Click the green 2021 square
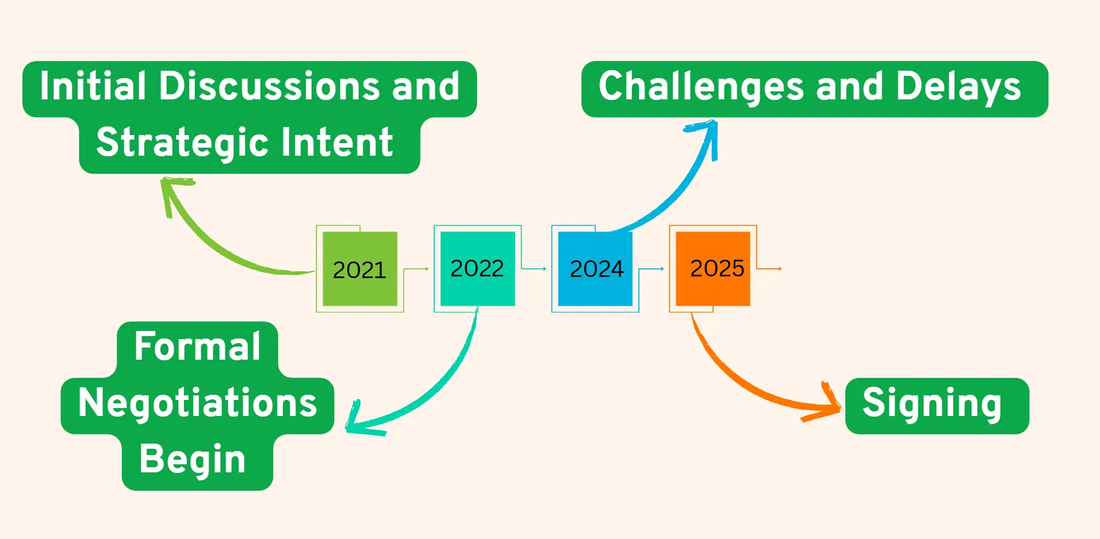click(x=360, y=268)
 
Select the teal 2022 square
click(x=477, y=268)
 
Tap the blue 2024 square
click(x=595, y=268)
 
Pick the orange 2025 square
click(x=713, y=268)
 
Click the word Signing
click(x=932, y=405)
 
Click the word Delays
click(x=958, y=87)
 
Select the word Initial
click(x=93, y=86)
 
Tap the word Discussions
click(x=269, y=86)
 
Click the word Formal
click(x=197, y=346)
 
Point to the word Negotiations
click(x=197, y=403)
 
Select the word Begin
click(x=193, y=460)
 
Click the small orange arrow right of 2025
click(x=769, y=268)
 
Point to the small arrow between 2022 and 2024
click(x=534, y=268)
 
